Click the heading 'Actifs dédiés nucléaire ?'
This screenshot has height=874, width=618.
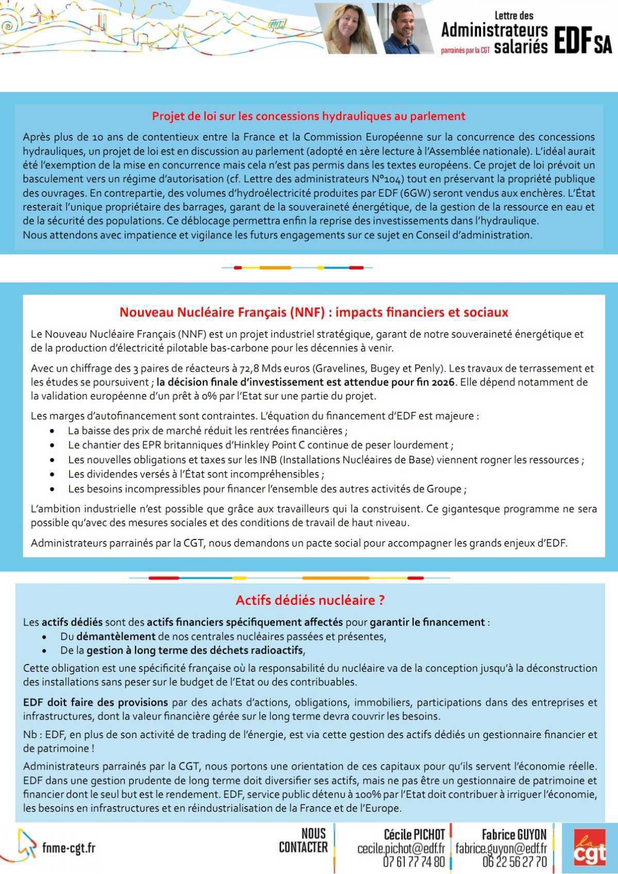tap(310, 600)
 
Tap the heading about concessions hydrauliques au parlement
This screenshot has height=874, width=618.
tap(308, 116)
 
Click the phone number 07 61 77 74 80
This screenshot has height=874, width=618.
tap(414, 861)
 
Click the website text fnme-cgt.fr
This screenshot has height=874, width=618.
tap(68, 848)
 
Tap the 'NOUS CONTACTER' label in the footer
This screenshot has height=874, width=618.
tap(303, 841)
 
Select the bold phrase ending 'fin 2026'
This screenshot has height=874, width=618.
tap(306, 382)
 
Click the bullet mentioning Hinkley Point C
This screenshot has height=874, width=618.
tap(260, 445)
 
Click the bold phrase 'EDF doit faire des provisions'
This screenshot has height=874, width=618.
tap(95, 702)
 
